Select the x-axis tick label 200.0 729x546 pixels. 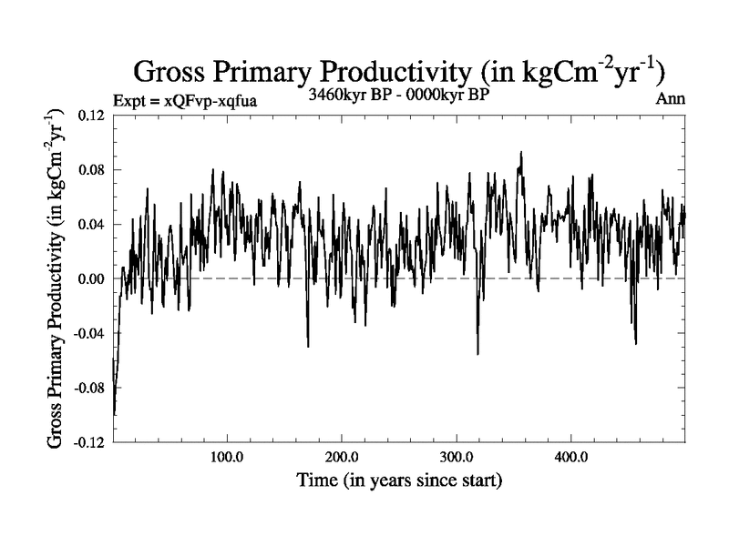[341, 458]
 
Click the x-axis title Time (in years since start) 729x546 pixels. [399, 480]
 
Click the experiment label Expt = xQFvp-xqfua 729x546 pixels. [185, 100]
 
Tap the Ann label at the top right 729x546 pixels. [670, 99]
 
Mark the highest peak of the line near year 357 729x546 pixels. [521, 153]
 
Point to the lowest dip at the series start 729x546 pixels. [114, 414]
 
